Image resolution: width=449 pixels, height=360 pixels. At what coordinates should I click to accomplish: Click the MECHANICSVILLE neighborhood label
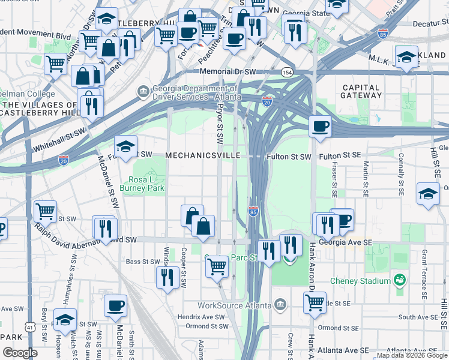202,155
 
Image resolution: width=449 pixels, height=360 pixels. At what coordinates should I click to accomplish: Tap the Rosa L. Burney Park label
148,183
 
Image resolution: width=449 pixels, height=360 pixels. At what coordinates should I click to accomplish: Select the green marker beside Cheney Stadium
399,280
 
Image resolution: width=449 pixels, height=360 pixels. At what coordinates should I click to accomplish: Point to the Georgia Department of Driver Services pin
143,92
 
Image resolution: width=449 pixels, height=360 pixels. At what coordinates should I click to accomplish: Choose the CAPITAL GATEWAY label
361,91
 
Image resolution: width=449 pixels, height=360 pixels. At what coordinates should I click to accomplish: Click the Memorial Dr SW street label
229,72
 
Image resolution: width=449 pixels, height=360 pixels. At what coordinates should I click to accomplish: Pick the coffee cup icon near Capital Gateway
320,126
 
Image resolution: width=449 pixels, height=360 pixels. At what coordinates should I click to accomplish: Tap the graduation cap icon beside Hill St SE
428,194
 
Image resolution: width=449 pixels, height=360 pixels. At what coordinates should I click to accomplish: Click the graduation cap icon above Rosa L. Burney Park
125,146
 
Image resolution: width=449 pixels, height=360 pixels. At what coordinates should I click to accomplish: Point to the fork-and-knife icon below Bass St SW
167,277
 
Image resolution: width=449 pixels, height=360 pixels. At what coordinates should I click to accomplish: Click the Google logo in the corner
20,353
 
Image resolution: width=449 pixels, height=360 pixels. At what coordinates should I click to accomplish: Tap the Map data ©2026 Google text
411,355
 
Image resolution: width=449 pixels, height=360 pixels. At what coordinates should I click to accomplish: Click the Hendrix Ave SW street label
205,317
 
